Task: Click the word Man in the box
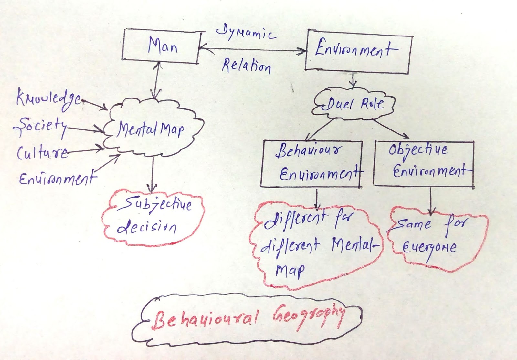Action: (163, 46)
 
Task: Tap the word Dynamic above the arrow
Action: (246, 34)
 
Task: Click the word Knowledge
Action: (48, 98)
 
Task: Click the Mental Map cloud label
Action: (150, 129)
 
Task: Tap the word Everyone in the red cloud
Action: (429, 248)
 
